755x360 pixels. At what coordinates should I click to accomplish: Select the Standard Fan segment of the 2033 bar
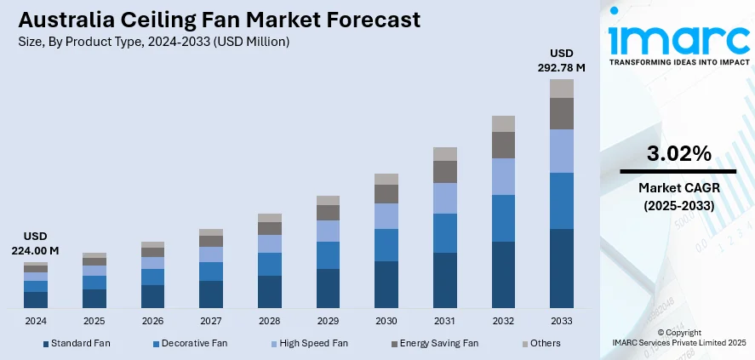click(562, 268)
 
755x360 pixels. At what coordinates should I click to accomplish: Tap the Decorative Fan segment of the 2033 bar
click(562, 201)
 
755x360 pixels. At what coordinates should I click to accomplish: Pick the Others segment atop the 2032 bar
click(503, 123)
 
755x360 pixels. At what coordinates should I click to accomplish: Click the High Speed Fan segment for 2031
click(445, 198)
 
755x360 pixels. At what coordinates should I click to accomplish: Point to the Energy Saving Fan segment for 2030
click(386, 194)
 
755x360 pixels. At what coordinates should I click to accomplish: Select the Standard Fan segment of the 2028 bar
click(270, 291)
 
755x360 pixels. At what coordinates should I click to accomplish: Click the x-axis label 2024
click(36, 322)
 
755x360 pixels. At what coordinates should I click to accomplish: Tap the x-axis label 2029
click(328, 322)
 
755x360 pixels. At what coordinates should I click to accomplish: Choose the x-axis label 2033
click(562, 322)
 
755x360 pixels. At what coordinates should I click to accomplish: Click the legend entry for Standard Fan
click(76, 343)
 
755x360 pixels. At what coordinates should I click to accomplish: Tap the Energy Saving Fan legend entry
click(436, 343)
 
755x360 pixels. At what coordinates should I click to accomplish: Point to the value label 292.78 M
click(562, 66)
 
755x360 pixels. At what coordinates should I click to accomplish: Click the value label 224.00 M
click(36, 250)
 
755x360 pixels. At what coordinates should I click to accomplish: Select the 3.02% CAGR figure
click(678, 154)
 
